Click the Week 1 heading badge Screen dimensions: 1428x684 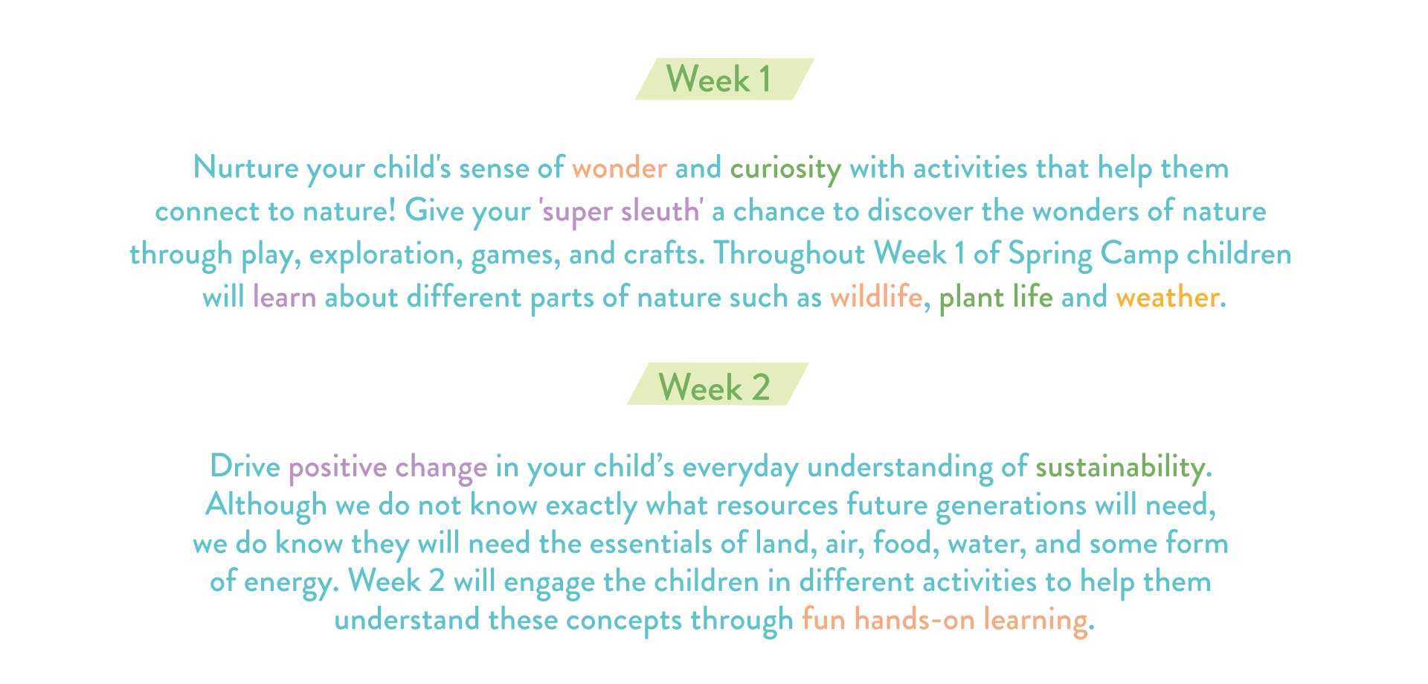(x=724, y=79)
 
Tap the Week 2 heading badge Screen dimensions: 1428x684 (x=718, y=384)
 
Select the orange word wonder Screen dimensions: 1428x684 (x=620, y=168)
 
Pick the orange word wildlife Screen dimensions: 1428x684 (x=876, y=297)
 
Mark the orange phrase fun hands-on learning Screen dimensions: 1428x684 (x=945, y=620)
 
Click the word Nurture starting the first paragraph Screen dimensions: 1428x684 (x=245, y=167)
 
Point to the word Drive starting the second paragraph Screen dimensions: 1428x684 (x=245, y=467)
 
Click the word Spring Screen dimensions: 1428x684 (x=1049, y=255)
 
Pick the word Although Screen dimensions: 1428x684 (x=266, y=506)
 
